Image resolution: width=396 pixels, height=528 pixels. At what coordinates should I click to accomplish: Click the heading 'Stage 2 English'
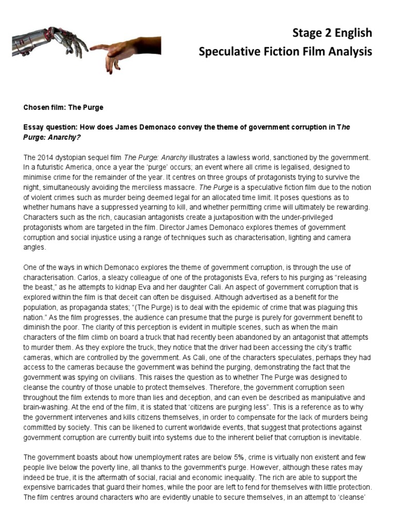332,33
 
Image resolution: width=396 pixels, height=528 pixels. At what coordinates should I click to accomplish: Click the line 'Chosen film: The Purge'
63,107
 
